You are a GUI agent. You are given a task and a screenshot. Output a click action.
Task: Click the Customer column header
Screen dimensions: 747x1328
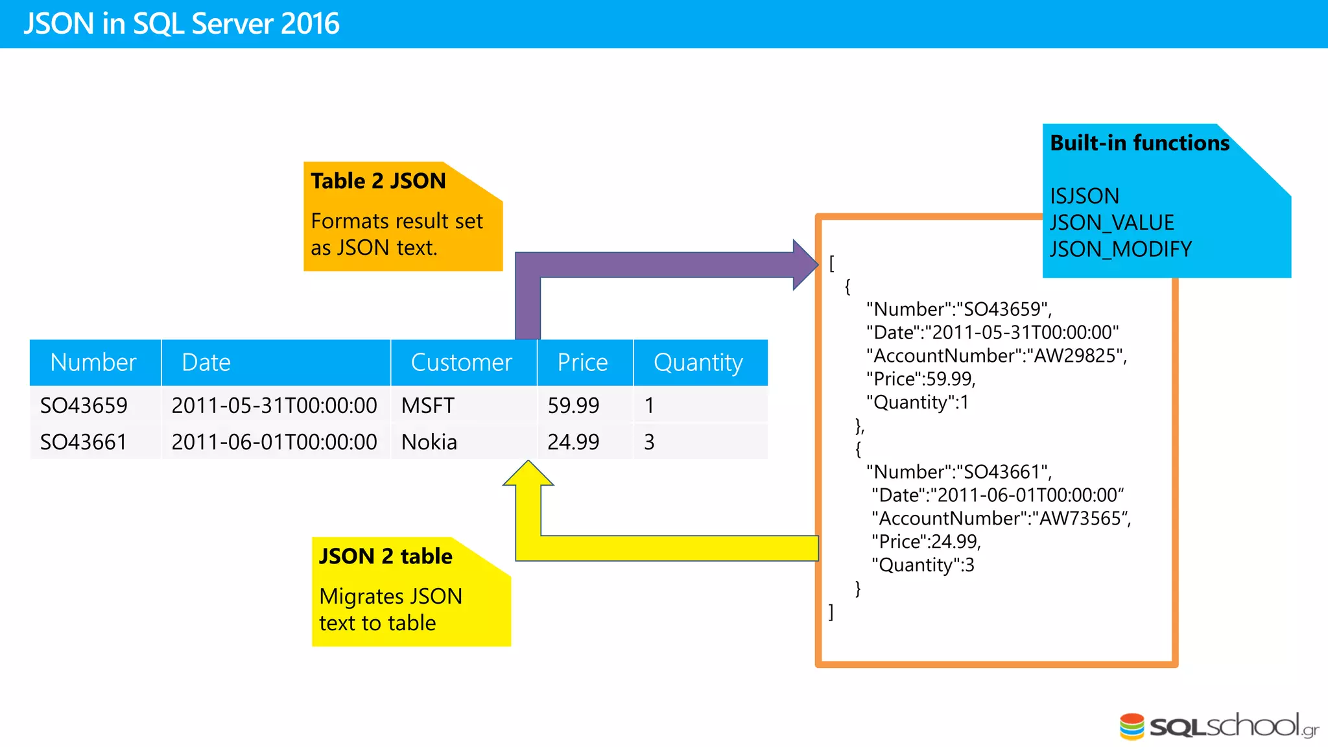coord(462,362)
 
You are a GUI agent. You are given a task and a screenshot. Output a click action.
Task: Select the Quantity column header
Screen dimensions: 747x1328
coord(698,362)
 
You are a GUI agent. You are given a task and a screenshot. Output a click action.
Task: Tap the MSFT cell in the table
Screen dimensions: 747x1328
coord(428,406)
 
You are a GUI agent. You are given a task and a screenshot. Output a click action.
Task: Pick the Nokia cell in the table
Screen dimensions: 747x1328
coord(429,442)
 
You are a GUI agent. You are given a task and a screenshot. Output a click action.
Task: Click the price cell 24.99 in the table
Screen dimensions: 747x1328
coord(573,442)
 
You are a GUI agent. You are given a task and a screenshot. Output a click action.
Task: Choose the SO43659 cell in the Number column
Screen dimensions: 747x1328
coord(84,406)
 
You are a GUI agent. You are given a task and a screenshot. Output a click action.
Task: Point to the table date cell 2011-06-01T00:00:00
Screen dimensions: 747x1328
coord(274,442)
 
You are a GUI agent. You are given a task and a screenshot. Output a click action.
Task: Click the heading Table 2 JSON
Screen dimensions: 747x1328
coord(378,181)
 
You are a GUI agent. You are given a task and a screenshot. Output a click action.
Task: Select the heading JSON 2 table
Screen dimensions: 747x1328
coord(386,556)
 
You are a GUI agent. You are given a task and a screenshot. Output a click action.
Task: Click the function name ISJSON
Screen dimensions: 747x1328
coord(1084,196)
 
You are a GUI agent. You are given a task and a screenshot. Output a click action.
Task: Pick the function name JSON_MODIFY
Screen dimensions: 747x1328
coord(1120,250)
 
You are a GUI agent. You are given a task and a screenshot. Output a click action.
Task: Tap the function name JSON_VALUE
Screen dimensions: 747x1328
coord(1111,223)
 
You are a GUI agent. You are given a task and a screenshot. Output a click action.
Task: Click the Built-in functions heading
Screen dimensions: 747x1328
coord(1139,143)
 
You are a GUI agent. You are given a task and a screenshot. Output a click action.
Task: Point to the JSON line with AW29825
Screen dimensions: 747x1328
coord(996,356)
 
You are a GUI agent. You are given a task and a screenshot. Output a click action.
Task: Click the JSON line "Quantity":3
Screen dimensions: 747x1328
coord(922,565)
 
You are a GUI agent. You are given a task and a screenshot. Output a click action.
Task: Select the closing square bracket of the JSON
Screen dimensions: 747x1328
coord(831,612)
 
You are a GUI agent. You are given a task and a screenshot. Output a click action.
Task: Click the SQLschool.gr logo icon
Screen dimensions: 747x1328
coord(1132,726)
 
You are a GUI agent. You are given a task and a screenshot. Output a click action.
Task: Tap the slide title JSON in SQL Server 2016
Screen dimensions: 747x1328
coord(182,24)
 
